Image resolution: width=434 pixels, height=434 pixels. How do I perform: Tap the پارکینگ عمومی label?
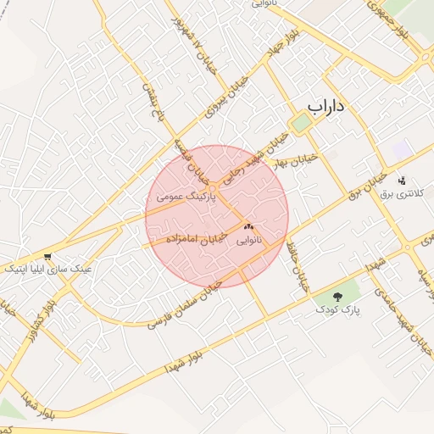click(186, 196)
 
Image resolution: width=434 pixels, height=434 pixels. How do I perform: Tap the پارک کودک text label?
click(341, 311)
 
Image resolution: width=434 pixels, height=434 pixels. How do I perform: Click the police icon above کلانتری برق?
click(402, 180)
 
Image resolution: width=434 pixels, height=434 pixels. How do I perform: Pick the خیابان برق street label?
click(368, 184)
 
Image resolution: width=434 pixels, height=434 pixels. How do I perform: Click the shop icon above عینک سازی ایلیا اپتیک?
click(48, 255)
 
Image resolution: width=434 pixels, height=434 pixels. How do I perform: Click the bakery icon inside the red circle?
click(248, 227)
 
